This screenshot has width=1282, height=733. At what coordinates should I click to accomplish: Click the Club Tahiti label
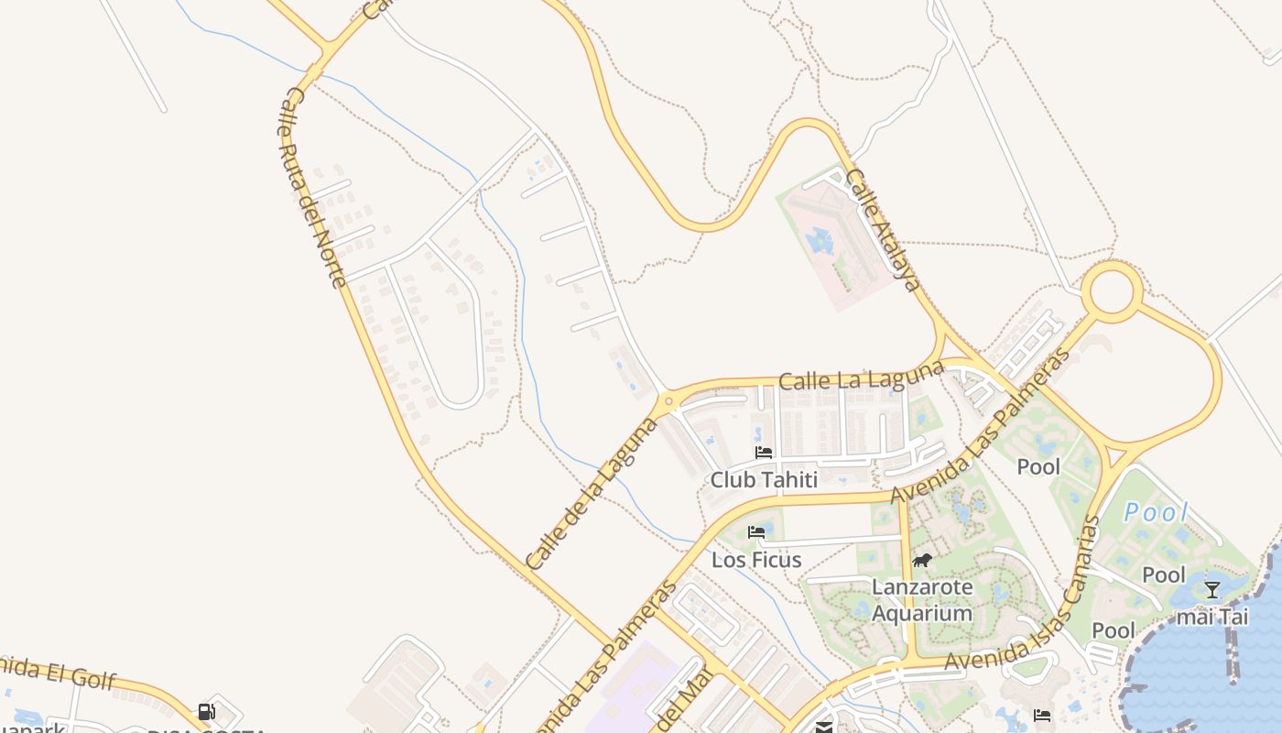tap(764, 480)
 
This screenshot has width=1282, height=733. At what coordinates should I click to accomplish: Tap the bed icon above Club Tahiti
tap(764, 453)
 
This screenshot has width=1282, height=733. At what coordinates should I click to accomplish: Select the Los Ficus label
tap(756, 560)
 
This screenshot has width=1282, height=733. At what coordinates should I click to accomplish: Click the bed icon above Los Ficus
tap(756, 531)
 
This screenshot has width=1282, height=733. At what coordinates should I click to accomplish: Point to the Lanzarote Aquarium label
tap(921, 600)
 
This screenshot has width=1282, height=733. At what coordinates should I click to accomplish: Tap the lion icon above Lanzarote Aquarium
tap(921, 561)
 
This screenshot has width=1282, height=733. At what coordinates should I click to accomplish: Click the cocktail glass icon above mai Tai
tap(1212, 589)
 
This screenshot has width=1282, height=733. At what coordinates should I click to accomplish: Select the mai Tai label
tap(1211, 617)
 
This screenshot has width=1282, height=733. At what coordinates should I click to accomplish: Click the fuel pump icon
tap(207, 712)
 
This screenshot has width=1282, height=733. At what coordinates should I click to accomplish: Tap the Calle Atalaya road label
tap(883, 230)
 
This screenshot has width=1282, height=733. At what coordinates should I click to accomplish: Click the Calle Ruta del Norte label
tap(312, 188)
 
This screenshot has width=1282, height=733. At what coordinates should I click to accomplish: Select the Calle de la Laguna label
tap(592, 494)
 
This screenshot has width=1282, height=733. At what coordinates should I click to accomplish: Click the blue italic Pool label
tap(1156, 513)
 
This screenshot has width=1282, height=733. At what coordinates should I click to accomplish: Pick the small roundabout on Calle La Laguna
tap(668, 400)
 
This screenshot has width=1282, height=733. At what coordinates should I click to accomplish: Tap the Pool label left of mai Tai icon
tap(1164, 575)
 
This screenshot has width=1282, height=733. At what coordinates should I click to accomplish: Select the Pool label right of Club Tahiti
tap(1038, 467)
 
